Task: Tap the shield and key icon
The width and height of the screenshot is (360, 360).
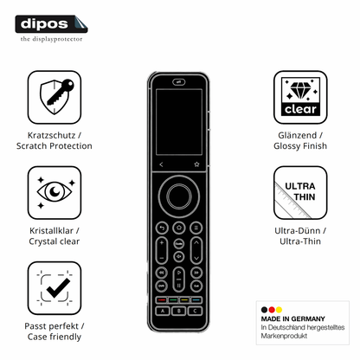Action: click(55, 97)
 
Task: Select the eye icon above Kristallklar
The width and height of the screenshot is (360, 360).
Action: click(55, 192)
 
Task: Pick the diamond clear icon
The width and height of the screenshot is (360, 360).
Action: click(300, 97)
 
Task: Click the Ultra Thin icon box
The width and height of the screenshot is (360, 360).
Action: click(300, 192)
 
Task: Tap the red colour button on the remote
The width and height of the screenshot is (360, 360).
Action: click(162, 300)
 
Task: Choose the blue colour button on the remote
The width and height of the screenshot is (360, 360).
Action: click(196, 300)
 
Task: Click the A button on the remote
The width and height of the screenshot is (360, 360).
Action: click(163, 311)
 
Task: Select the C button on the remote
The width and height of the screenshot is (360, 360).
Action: click(195, 311)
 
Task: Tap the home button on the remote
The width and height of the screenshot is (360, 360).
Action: click(179, 228)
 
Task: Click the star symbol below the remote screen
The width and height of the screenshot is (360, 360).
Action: click(196, 164)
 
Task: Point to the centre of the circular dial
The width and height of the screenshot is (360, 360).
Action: click(179, 196)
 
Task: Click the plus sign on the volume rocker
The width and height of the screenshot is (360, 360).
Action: click(162, 243)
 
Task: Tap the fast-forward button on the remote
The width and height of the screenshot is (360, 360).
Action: click(196, 273)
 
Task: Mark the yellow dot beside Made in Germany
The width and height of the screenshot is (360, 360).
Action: click(279, 310)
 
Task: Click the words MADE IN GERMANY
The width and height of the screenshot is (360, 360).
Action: click(292, 318)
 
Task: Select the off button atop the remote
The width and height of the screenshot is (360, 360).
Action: click(179, 82)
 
